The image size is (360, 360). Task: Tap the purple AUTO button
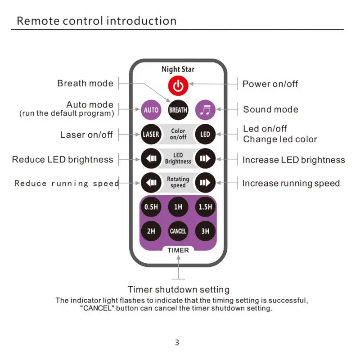click(151, 109)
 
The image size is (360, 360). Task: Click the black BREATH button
click(178, 109)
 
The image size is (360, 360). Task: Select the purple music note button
click(205, 109)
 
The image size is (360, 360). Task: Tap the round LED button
click(205, 134)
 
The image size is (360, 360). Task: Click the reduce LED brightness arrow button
click(151, 158)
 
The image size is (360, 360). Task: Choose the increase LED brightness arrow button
click(205, 158)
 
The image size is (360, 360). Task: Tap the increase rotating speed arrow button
click(205, 183)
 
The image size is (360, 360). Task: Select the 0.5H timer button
click(151, 207)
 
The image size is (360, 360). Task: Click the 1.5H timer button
click(205, 207)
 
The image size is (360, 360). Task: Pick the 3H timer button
click(205, 231)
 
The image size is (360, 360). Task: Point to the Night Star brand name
click(178, 69)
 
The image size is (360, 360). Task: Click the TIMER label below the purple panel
click(178, 250)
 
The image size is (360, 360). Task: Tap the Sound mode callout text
click(270, 109)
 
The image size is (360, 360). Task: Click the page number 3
click(177, 342)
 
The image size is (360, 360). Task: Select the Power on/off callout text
click(270, 84)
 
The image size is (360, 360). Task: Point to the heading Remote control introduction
click(96, 21)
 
